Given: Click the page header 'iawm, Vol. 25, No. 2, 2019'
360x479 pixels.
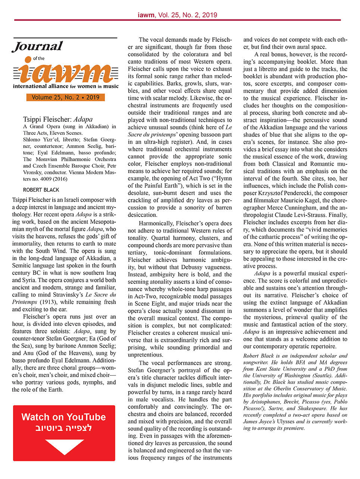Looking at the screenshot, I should point(177,15).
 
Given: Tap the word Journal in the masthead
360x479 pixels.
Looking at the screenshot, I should point(37,47).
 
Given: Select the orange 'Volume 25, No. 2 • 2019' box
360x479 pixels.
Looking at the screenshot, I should point(65,97).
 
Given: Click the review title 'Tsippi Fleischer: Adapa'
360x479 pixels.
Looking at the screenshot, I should point(57,119).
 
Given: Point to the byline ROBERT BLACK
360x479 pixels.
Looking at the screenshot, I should point(41,190).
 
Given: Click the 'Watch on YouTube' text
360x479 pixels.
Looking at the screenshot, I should point(63,417).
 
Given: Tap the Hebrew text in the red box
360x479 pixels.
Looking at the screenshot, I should point(63,428).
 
